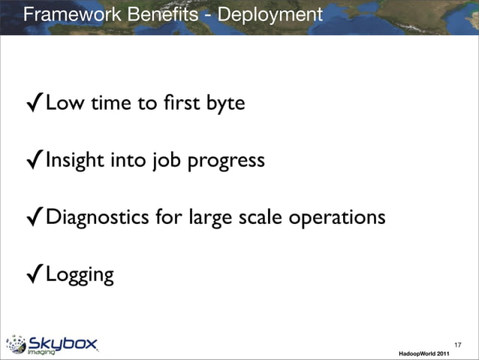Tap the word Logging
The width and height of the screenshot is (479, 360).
[x=80, y=276]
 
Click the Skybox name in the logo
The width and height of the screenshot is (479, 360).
[x=63, y=343]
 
